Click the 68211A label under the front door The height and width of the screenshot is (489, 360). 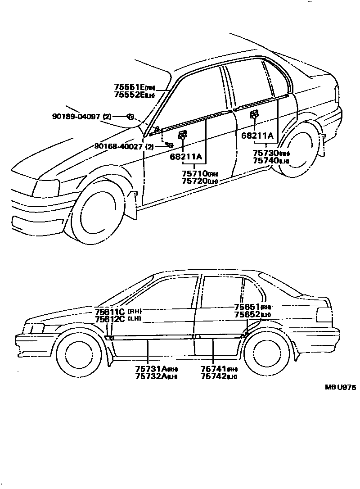(x=186, y=157)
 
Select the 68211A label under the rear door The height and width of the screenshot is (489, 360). (x=257, y=135)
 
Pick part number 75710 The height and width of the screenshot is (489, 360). (x=194, y=173)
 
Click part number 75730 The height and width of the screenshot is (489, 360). (x=265, y=154)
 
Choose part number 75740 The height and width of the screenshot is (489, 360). (x=265, y=161)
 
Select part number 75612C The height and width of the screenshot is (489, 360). (x=110, y=319)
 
